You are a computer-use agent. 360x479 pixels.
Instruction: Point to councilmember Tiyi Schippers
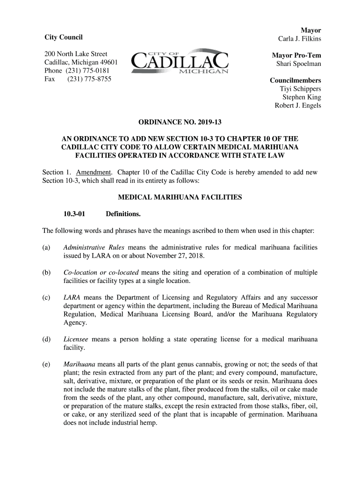(x=300, y=88)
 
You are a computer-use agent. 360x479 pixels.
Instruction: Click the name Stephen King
(x=302, y=97)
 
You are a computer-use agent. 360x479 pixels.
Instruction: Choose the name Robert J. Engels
(x=297, y=105)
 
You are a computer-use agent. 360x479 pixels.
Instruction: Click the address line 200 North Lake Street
(x=76, y=54)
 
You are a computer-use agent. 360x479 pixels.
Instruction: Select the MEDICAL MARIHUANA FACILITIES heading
(x=180, y=197)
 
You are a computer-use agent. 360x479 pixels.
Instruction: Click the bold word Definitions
(x=123, y=214)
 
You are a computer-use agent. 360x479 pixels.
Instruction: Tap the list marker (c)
(x=46, y=298)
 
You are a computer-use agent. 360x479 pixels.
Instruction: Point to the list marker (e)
(x=46, y=364)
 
